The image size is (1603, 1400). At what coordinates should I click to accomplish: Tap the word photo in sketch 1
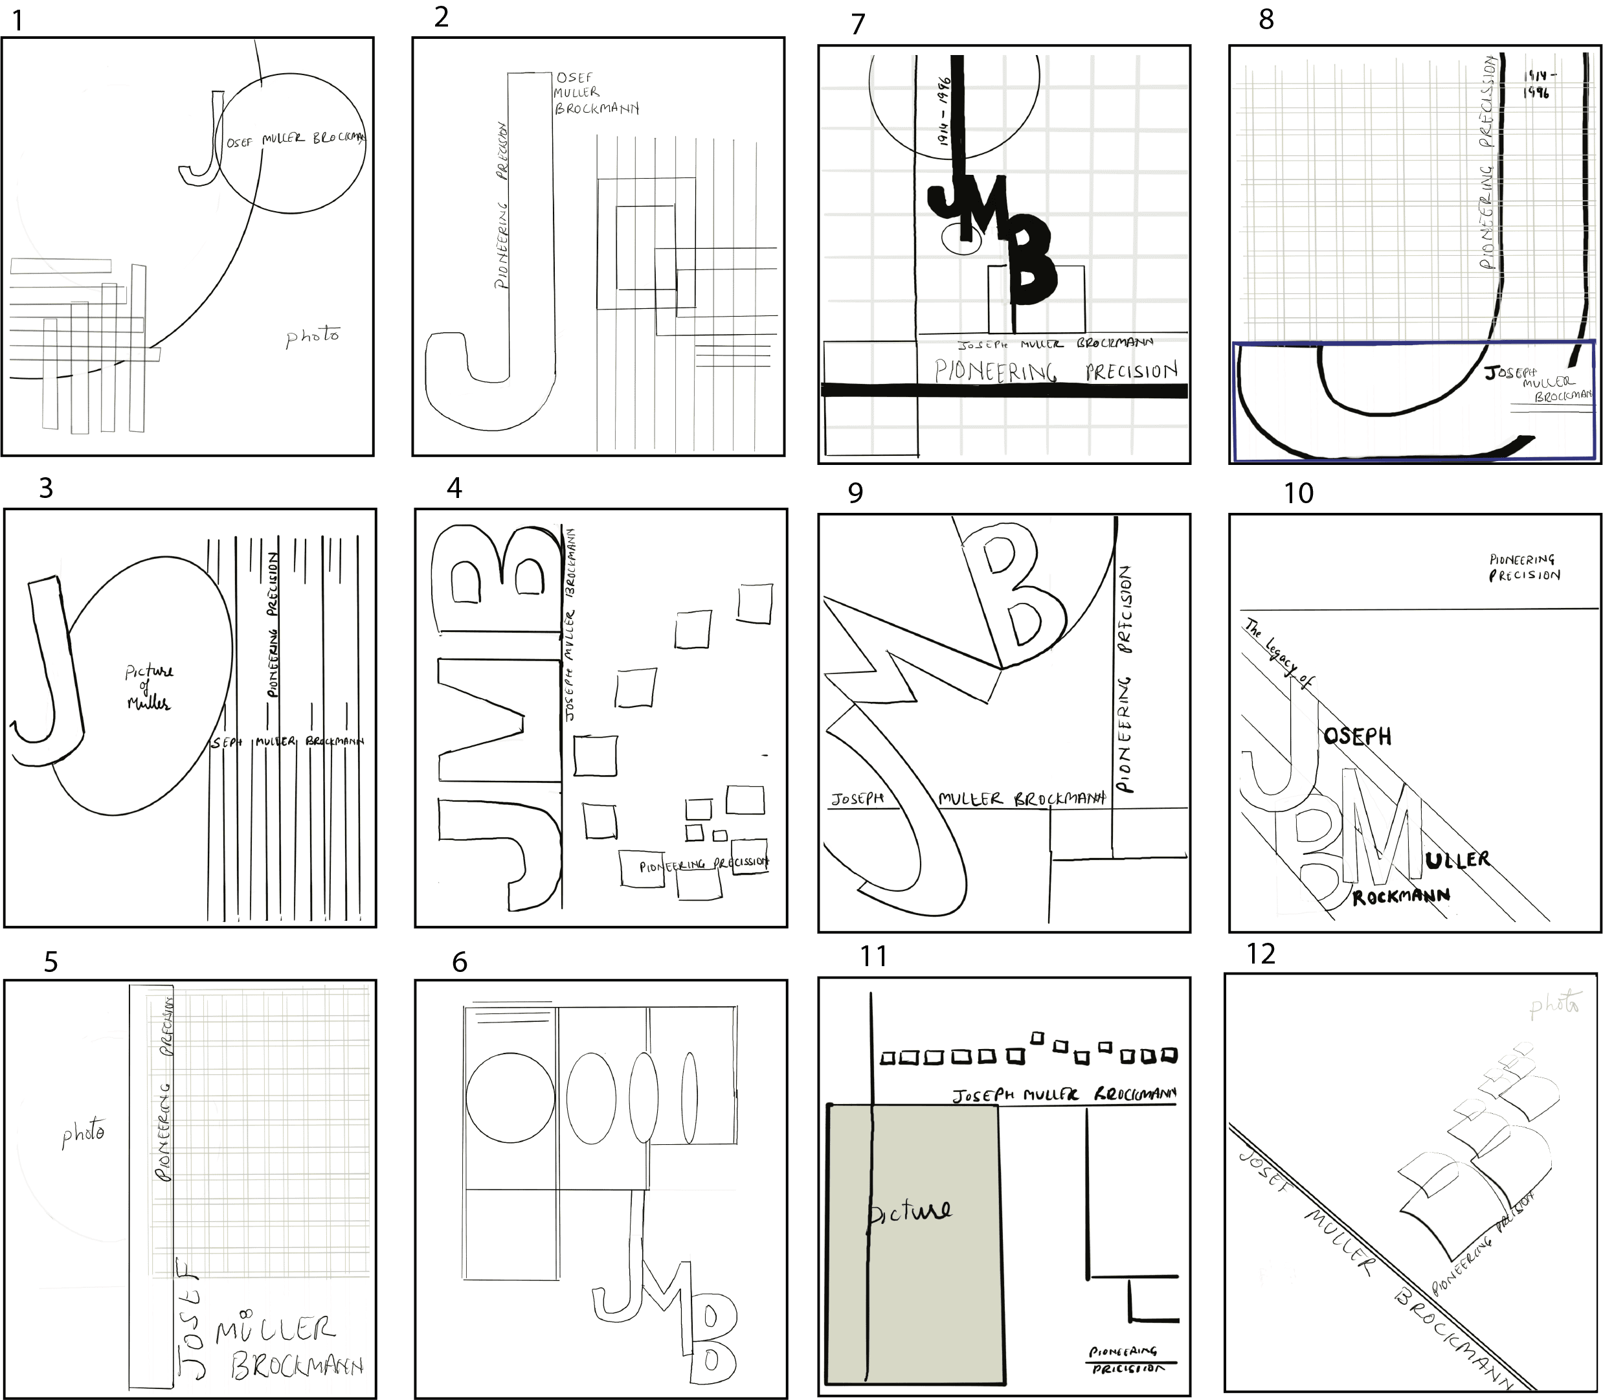pos(313,337)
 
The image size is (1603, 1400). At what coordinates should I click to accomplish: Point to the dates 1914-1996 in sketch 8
pos(1539,84)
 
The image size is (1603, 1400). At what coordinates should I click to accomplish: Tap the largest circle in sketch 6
pos(510,1097)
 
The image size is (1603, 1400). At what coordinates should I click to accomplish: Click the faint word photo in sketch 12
pos(1554,1005)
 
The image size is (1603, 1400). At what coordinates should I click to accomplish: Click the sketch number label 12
pos(1261,954)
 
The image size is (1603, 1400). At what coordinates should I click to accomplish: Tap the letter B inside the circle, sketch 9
pos(1016,595)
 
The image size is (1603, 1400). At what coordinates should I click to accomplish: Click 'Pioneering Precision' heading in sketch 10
pos(1524,567)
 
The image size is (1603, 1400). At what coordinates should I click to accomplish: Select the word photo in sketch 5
pos(84,1132)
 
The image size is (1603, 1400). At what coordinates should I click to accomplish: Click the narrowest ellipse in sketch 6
pos(689,1098)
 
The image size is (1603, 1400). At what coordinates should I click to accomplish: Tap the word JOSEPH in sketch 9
pos(857,799)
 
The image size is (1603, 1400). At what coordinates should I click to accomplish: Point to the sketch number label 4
pos(454,488)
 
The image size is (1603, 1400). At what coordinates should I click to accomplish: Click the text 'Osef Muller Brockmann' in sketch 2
pos(595,93)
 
